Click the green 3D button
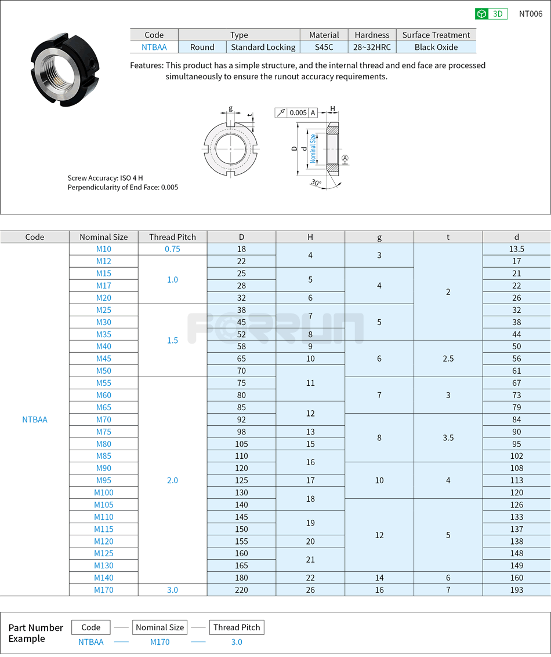491,14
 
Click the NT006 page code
530,14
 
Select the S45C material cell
324,48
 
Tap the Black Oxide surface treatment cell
436,48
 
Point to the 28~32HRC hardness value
372,48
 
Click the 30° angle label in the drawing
316,182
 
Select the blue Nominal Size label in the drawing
313,149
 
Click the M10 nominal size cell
104,249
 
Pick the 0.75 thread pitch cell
172,249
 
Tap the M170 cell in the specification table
104,590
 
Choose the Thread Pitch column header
172,237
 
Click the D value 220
241,590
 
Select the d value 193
516,590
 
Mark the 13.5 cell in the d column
516,249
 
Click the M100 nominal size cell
104,492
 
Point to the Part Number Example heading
35,633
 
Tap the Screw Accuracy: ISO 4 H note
105,178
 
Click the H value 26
310,590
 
